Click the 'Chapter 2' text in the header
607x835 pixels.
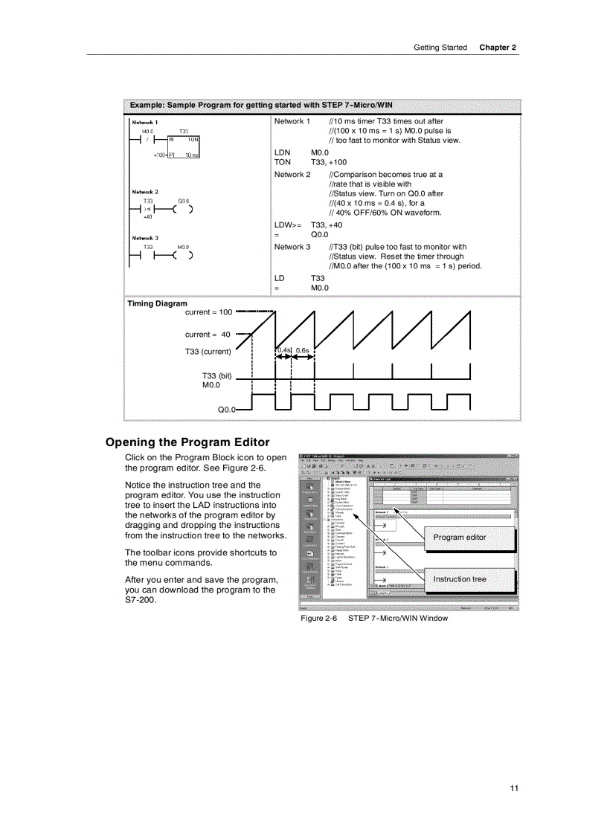pos(497,48)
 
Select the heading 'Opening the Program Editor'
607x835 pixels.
pos(187,442)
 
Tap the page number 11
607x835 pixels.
pos(513,788)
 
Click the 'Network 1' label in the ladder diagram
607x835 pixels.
pos(144,122)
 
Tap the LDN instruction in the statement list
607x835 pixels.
pos(283,152)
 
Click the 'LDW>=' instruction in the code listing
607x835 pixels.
pos(288,225)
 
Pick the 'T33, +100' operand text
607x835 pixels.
pos(329,162)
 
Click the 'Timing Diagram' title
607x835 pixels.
pos(157,303)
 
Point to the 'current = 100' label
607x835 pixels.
pos(208,312)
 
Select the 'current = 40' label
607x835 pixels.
pos(208,335)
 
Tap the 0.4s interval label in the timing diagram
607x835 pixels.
pos(283,350)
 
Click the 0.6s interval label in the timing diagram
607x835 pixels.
pos(303,350)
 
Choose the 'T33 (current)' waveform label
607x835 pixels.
pos(208,352)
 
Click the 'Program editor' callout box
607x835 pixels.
pos(460,538)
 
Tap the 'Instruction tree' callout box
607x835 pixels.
pos(460,579)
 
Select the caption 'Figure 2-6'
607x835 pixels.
pos(318,618)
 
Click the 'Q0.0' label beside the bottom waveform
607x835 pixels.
pos(226,410)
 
